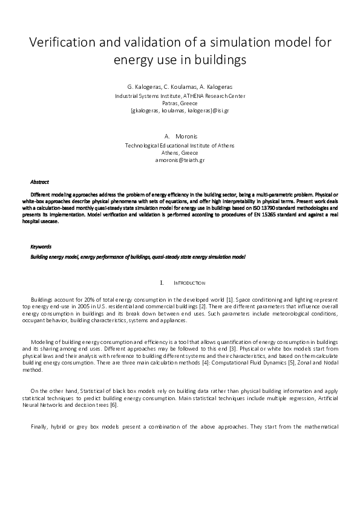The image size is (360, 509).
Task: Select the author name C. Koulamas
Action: pos(180,87)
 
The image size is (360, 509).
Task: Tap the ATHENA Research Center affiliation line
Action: pos(180,96)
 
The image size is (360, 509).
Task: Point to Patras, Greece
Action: pos(180,103)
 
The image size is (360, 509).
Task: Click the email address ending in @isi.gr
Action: pos(180,111)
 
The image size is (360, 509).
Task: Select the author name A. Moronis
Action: pos(180,137)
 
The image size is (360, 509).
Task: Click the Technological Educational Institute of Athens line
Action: pos(180,146)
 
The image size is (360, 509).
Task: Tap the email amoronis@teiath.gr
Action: pos(180,161)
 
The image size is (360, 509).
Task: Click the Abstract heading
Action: pos(40,182)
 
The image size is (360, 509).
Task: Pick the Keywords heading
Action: pos(41,247)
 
